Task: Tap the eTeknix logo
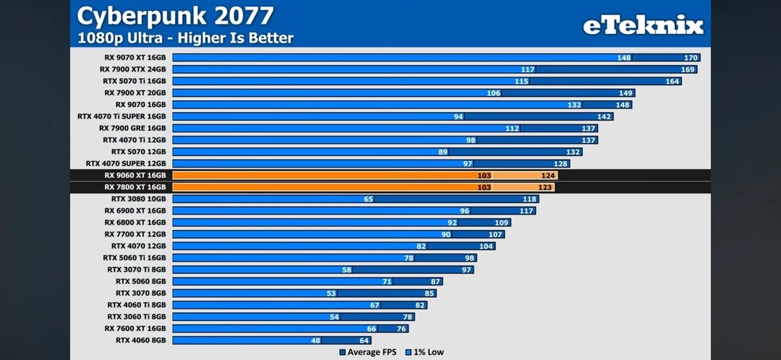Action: [x=643, y=26]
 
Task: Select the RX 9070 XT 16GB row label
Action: [x=135, y=57]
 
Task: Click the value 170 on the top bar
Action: [x=691, y=57]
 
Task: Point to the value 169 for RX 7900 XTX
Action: [x=688, y=69]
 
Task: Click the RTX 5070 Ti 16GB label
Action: [x=135, y=81]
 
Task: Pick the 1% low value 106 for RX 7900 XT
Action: [x=494, y=93]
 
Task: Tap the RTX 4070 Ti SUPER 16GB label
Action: [x=121, y=116]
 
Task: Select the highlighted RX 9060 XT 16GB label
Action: [x=135, y=175]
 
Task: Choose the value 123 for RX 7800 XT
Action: [x=546, y=187]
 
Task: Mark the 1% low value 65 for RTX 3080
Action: [x=369, y=199]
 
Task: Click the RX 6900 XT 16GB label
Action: [x=135, y=210]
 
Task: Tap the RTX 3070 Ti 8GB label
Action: [x=136, y=269]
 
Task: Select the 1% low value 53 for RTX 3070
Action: [x=332, y=293]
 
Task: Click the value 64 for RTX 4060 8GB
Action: [x=364, y=340]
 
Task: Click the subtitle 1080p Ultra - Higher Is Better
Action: [x=186, y=38]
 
